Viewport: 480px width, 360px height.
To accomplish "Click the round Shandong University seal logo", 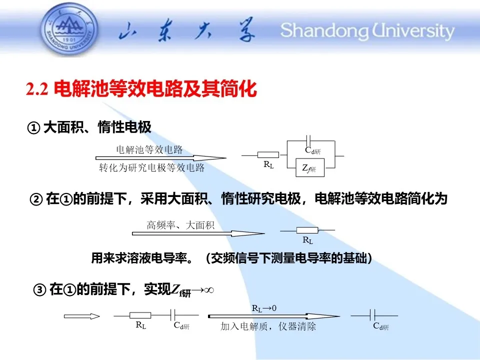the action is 70,30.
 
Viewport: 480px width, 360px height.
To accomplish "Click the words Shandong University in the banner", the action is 367,31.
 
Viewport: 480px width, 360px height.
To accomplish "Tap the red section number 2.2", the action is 37,89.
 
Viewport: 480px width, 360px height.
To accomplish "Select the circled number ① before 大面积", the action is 33,128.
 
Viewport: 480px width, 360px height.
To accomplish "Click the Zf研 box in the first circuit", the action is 310,168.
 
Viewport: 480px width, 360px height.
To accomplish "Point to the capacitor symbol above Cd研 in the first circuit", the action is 308,140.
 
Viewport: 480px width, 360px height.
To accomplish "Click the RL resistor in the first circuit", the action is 268,155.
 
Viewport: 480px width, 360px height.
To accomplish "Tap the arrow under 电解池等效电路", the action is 161,158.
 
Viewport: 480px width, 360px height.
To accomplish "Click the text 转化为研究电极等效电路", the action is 152,168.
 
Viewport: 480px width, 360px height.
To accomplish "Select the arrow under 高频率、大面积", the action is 198,233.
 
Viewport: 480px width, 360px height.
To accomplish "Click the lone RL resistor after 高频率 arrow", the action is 307,230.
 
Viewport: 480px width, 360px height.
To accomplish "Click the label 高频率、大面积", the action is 180,225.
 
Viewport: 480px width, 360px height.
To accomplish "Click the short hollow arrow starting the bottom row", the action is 82,316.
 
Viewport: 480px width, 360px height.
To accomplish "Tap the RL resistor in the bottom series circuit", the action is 140,315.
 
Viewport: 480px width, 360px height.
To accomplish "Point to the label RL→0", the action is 264,308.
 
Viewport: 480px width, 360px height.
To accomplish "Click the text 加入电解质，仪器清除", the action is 268,326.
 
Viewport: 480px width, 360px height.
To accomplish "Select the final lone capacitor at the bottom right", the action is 372,315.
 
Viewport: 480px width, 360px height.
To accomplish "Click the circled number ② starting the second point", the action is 36,199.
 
